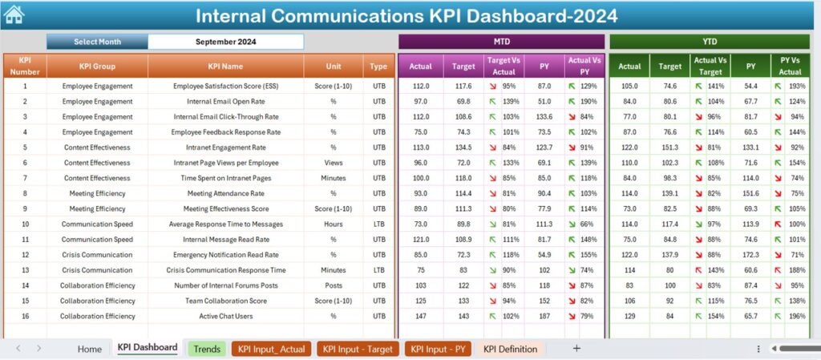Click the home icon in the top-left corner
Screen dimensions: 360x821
(x=14, y=14)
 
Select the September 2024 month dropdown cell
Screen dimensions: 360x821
(x=225, y=42)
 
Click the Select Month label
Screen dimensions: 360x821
(x=97, y=42)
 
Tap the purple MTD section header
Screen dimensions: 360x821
(x=501, y=41)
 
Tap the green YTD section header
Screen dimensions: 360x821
(x=710, y=41)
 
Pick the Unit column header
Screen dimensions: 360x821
(x=334, y=67)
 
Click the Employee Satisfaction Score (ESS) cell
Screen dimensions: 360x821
(x=225, y=86)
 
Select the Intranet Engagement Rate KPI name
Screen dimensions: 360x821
(x=225, y=148)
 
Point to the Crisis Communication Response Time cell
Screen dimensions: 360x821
(x=225, y=270)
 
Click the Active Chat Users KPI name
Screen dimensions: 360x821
(x=225, y=317)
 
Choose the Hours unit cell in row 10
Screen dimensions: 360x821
(x=334, y=224)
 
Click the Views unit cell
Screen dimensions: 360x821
(x=334, y=163)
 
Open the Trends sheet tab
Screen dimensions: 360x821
(x=207, y=349)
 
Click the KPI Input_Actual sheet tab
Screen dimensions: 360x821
(x=271, y=349)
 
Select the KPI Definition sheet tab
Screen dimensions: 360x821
(x=511, y=349)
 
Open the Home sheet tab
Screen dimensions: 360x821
(x=90, y=349)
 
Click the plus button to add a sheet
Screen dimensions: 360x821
(x=576, y=348)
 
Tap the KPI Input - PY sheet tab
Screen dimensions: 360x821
(x=438, y=349)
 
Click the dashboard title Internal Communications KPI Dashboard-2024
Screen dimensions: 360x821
(x=406, y=16)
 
